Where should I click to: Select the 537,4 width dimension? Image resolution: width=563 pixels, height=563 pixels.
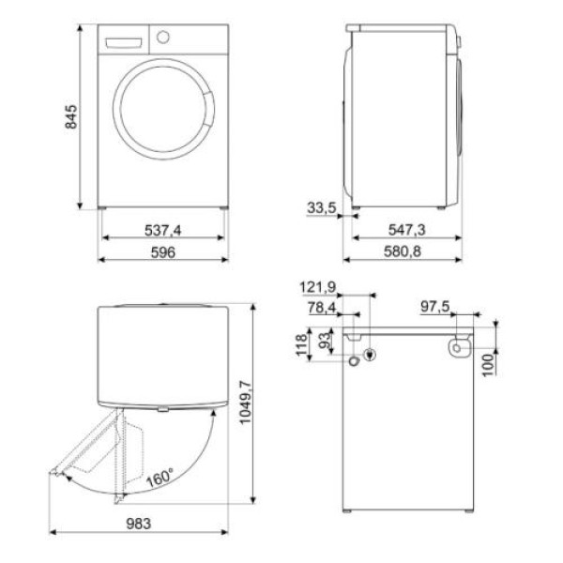(163, 229)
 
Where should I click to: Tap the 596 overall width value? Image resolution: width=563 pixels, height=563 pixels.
(163, 251)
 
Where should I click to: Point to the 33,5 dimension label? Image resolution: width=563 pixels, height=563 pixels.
(322, 207)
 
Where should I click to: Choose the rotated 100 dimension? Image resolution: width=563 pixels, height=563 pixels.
(488, 362)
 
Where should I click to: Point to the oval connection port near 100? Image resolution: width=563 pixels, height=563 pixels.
(457, 348)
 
